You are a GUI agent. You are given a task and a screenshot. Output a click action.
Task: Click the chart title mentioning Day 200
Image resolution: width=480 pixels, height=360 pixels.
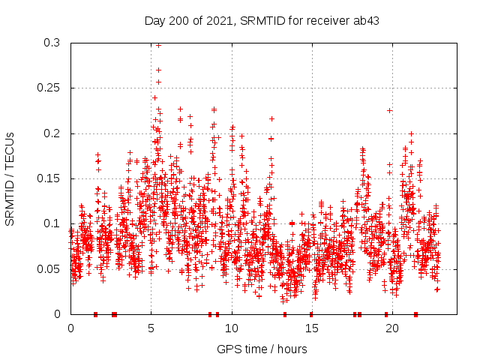coord(261,21)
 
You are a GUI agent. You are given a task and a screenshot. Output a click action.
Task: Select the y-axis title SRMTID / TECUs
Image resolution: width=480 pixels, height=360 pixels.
coord(10,178)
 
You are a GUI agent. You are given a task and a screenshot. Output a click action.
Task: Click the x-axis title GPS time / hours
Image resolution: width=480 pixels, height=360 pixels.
coord(261,349)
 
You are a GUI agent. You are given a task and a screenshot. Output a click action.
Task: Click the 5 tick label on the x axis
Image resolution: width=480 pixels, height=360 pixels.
coord(151,328)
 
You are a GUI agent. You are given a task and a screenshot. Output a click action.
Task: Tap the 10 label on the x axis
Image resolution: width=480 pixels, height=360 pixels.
coord(232,328)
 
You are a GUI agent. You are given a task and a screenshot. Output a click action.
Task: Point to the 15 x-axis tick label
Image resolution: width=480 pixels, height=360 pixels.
coord(312,328)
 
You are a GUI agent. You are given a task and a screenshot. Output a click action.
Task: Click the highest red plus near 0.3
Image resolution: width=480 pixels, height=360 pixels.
coord(158,45)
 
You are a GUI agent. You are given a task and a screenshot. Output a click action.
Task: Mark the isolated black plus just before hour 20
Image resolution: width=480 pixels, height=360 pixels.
coord(389,110)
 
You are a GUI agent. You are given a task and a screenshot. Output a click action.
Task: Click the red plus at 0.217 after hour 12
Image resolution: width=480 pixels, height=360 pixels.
coord(271,118)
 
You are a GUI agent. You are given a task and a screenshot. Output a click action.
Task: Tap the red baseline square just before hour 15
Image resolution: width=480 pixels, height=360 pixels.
coord(310,314)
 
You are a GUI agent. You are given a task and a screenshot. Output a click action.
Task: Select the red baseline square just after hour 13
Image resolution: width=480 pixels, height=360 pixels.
coord(285,314)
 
